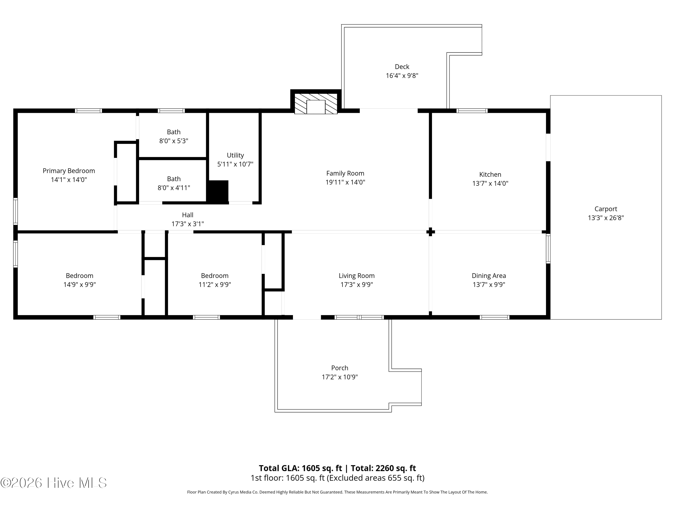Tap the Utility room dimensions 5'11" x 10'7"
(x=235, y=164)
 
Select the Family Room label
(x=345, y=173)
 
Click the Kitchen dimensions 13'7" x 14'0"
(x=490, y=183)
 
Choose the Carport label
(x=606, y=209)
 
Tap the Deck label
(x=402, y=67)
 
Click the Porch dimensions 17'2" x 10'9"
(x=340, y=377)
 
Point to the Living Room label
(x=356, y=276)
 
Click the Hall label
(x=188, y=215)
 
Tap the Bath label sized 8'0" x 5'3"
(x=174, y=132)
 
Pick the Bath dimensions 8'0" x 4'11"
(x=174, y=188)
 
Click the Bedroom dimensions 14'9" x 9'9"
(x=80, y=284)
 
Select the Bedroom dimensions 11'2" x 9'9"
(x=214, y=284)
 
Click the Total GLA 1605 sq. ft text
(x=300, y=468)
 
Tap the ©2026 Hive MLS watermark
(x=54, y=483)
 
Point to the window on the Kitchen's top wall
(x=472, y=111)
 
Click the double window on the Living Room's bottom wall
(x=359, y=317)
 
